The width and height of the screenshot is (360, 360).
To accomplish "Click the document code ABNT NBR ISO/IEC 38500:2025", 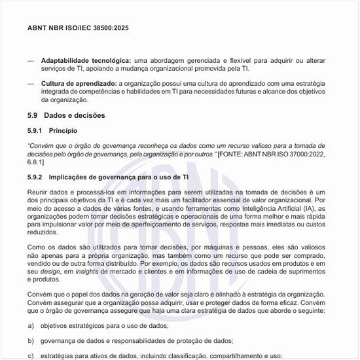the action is pyautogui.click(x=79, y=29).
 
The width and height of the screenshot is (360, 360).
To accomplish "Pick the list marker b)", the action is pyautogui.click(x=31, y=340).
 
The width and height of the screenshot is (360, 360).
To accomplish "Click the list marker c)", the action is pyautogui.click(x=31, y=355).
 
